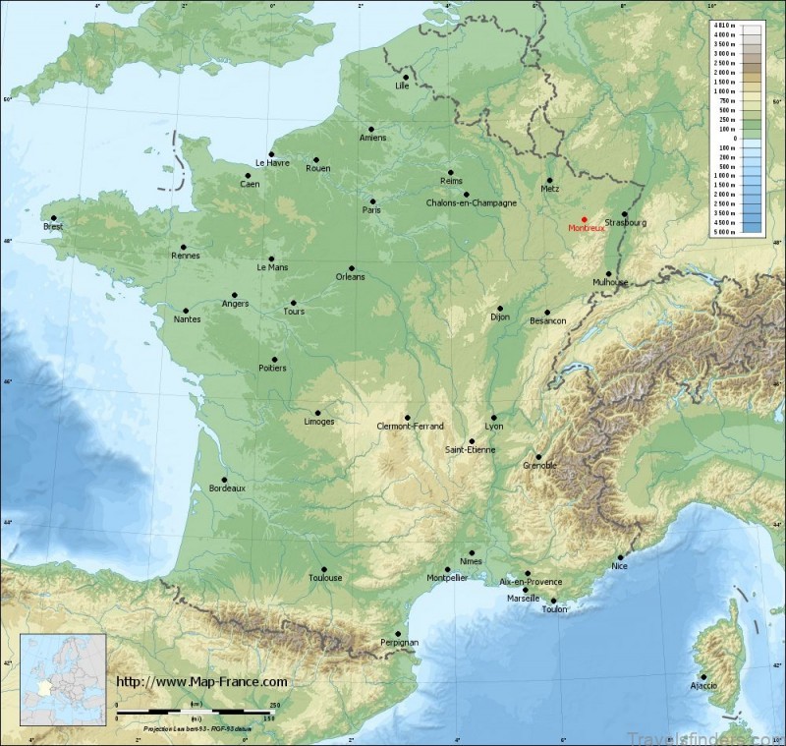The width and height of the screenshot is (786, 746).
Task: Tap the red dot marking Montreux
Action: point(585,219)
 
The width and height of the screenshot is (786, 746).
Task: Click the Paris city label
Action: point(371,210)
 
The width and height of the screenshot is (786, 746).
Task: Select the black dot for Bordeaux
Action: point(225,480)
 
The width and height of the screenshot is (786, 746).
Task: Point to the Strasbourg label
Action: point(626,223)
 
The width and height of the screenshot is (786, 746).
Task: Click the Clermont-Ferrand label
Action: point(411,426)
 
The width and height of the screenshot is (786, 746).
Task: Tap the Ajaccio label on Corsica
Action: point(703,685)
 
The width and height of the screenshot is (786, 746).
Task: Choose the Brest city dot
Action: point(54,218)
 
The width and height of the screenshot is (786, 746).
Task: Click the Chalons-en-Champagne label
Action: point(471,203)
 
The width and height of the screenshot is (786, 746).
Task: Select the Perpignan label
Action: point(399,643)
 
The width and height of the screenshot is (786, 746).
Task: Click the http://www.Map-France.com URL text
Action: point(201,681)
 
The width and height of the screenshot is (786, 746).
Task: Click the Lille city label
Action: point(401,86)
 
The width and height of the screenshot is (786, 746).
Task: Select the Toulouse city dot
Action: point(323,568)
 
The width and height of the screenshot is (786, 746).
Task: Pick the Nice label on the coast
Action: point(619,566)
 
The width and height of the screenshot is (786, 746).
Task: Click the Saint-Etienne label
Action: point(471,450)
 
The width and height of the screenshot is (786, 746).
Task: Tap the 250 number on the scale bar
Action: point(274,705)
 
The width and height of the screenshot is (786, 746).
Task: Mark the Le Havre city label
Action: point(272,163)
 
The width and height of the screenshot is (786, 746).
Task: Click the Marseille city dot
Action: point(525,590)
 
